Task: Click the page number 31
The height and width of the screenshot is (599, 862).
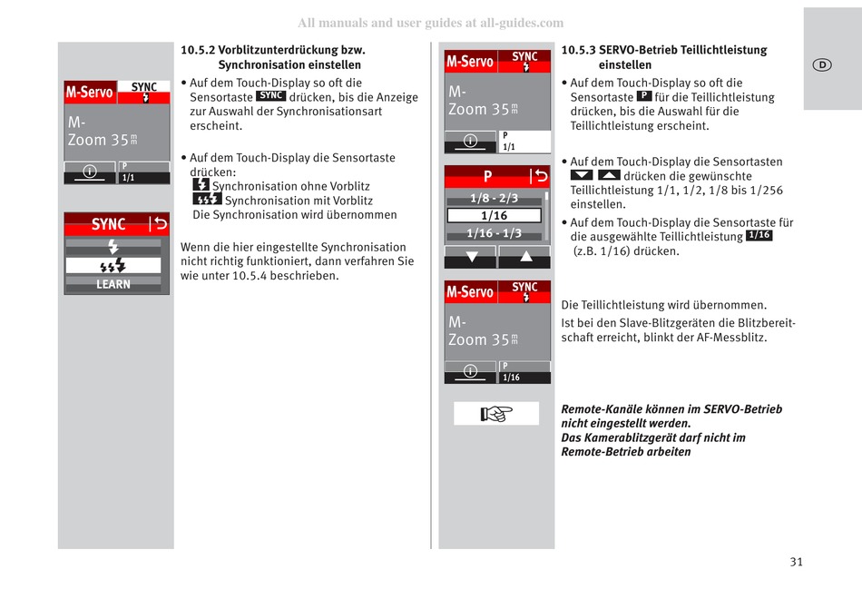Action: tap(796, 562)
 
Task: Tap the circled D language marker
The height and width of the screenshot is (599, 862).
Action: tap(821, 64)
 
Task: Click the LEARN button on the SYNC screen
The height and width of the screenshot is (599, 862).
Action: tap(113, 284)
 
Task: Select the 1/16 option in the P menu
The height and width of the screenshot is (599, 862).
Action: tap(494, 215)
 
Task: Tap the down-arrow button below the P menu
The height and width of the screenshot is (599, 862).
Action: tap(470, 257)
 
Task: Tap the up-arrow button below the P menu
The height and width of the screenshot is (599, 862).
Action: tap(524, 257)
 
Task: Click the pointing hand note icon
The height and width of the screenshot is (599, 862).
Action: tap(496, 414)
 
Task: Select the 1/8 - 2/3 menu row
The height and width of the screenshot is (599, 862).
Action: tap(494, 198)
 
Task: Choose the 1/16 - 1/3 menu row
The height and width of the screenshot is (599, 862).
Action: tap(494, 233)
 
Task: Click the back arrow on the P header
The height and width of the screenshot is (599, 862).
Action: tap(540, 176)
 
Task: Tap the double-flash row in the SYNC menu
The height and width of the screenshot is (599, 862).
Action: tap(113, 266)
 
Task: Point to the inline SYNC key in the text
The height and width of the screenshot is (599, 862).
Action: tap(270, 96)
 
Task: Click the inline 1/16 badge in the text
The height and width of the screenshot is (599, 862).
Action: tap(759, 236)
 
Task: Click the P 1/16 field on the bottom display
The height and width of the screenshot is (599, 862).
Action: tap(524, 372)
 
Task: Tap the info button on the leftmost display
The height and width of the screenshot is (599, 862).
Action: tap(90, 172)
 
